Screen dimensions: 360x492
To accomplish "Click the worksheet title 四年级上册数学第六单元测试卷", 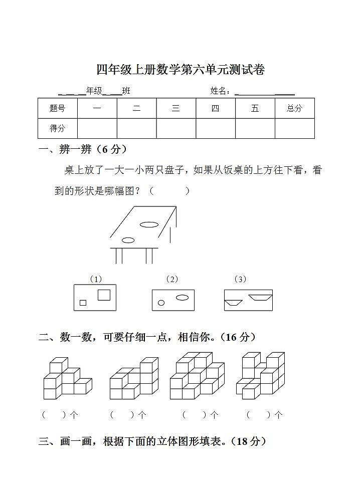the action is tap(180, 70).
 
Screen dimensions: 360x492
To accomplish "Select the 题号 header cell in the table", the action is tap(58, 108).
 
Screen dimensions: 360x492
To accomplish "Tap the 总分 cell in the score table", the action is tap(294, 108).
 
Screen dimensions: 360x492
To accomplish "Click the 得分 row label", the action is tap(58, 128).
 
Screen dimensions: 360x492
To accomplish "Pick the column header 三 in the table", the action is tap(176, 108).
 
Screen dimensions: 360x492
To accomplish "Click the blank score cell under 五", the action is tap(255, 128).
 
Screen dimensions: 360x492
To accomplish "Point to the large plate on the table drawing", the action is tap(149, 224).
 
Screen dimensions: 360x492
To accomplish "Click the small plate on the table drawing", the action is tap(128, 240).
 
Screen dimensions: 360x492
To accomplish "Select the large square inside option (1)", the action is tap(104, 295).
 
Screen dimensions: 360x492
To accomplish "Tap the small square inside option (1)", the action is tap(83, 303).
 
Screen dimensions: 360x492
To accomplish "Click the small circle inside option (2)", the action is tap(161, 303).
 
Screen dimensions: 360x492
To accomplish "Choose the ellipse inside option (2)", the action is tap(182, 298).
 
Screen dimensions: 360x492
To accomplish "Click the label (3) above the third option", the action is tap(241, 279).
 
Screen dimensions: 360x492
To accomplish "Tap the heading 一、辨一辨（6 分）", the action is tap(83, 149).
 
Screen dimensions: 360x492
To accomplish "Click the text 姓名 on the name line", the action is tap(219, 91).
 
